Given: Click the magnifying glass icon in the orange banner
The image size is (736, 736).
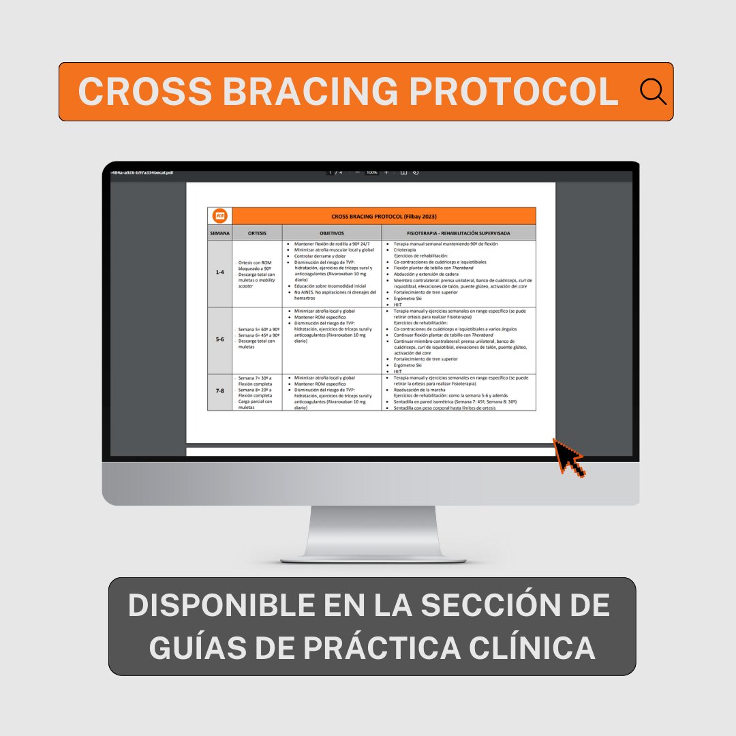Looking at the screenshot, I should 653,91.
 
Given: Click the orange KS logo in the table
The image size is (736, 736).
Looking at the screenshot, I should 220,216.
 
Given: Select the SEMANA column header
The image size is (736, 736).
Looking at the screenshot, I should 219,233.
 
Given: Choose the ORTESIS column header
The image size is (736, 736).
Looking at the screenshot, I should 257,233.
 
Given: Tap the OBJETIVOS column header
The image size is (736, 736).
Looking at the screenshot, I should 331,233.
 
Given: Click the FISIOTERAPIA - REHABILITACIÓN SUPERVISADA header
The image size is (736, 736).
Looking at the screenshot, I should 459,233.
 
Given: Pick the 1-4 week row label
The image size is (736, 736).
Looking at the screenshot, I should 219,273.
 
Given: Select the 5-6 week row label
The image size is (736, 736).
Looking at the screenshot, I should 219,339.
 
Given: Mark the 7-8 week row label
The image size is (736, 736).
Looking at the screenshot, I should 219,391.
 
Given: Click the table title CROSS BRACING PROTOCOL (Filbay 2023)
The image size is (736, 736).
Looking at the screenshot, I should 384,216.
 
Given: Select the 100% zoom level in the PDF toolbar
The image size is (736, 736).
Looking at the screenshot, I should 371,172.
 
